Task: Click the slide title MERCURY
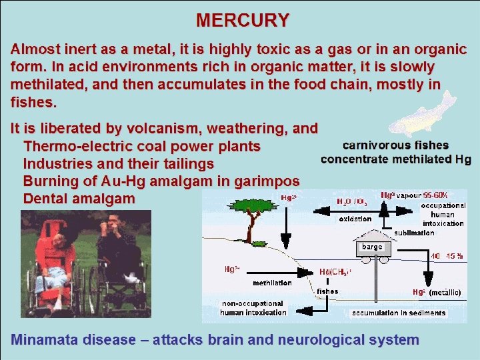(242, 20)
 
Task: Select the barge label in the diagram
(372, 247)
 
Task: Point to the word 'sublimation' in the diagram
(414, 233)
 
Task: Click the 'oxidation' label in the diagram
(355, 219)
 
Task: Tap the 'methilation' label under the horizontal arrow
(272, 283)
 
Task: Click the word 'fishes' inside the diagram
(327, 291)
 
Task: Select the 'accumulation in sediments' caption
(399, 313)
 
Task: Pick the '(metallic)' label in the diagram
(445, 292)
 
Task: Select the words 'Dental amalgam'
(79, 199)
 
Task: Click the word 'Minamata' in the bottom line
(45, 340)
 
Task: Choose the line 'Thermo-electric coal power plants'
(141, 146)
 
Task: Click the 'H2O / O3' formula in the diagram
(351, 201)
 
